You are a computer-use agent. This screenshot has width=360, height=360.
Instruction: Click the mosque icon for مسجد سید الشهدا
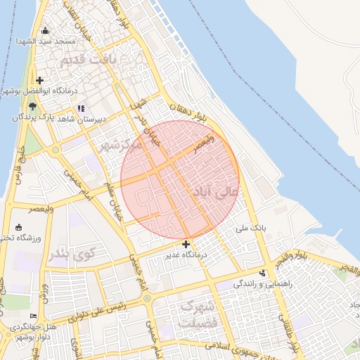point(46,30)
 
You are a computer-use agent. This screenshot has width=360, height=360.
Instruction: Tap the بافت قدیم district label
point(87,60)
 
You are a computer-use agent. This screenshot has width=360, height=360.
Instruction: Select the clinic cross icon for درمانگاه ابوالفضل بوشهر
point(40,81)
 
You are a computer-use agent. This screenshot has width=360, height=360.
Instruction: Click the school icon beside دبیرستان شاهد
point(82,108)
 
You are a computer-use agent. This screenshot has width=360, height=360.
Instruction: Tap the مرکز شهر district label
point(120,146)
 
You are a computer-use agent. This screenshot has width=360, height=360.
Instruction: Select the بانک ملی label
point(252,228)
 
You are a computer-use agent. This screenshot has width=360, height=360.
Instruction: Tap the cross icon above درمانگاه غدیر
point(186,244)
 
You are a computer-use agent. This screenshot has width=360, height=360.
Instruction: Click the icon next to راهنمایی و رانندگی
point(263,273)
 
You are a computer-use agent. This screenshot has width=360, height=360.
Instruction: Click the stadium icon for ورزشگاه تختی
point(18,227)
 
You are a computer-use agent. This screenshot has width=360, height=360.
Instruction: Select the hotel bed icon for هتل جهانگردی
point(33,316)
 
